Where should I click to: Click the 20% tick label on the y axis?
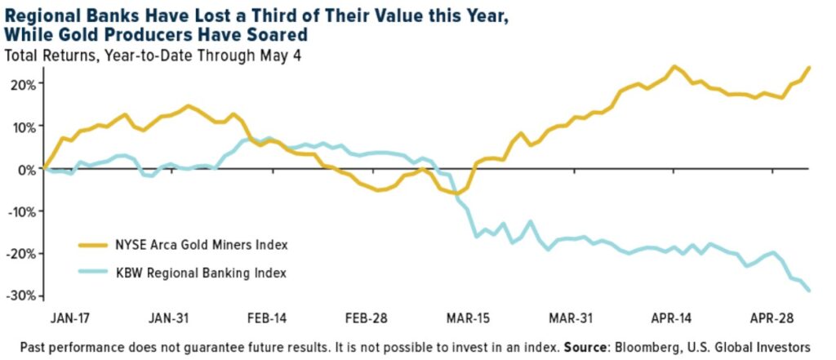(x=22, y=84)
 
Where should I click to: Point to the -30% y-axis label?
(x=20, y=295)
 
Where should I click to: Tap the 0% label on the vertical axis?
(x=26, y=169)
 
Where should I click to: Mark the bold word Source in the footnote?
(x=584, y=345)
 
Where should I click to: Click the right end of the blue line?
(x=809, y=291)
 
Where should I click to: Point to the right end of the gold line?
(x=809, y=67)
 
